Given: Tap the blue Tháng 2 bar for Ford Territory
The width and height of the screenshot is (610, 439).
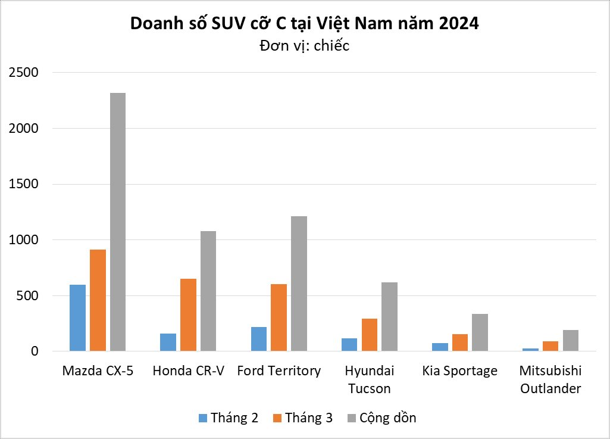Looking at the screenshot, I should coord(259,339).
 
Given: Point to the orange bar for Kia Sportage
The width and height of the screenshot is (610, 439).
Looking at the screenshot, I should coord(459,343).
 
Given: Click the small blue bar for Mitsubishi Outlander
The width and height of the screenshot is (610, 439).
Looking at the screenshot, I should coord(530,350).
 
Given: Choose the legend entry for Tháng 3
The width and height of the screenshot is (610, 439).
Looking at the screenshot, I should coord(302,418).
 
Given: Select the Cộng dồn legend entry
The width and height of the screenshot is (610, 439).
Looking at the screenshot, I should coord(381,418).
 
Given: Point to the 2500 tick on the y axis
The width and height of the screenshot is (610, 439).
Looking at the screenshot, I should coord(23,73).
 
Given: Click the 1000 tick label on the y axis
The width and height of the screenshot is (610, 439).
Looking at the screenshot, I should coord(23,240).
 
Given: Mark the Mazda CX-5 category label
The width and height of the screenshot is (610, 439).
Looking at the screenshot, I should coord(98,371).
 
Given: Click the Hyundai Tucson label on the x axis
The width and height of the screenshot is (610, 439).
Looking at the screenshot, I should coord(369,379).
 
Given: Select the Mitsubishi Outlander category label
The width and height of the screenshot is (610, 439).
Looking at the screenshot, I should coord(550,379).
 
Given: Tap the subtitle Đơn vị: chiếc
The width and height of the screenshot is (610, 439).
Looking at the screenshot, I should coord(305,45).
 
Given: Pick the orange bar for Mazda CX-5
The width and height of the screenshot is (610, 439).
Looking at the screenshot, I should coord(98,300).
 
